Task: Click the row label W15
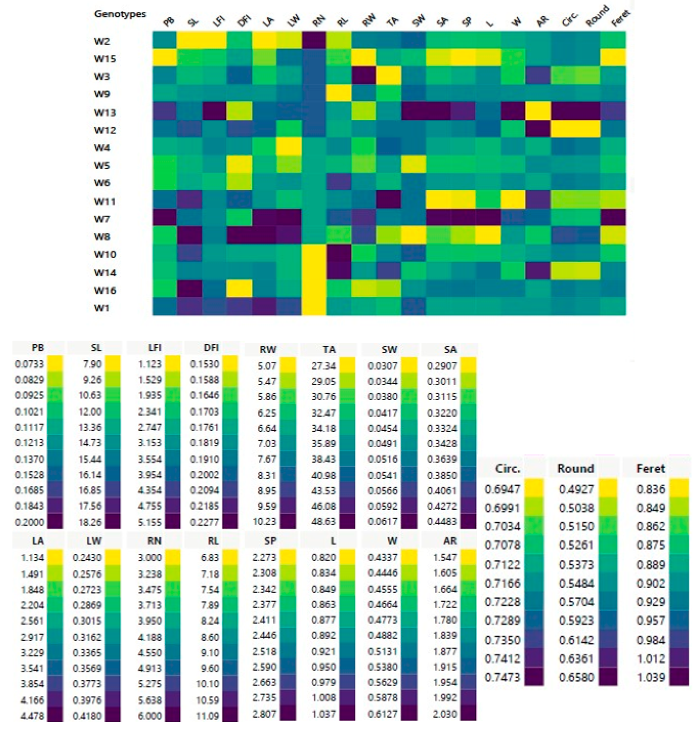105,58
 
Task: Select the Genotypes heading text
120,14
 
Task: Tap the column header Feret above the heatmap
620,19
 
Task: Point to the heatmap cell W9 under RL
338,93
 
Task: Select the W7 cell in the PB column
164,218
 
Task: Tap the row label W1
101,307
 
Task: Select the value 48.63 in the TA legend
324,521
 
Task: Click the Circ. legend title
507,469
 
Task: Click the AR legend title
450,541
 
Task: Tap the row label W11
105,202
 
